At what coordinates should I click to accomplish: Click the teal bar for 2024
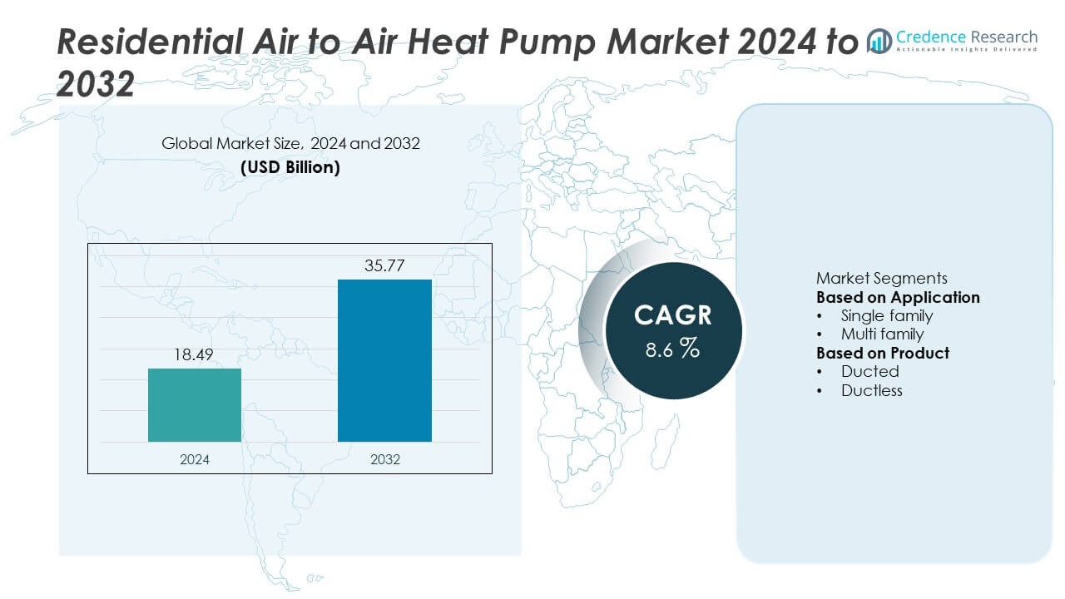click(x=195, y=405)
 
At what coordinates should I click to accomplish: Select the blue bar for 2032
click(x=384, y=360)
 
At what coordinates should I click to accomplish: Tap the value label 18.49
click(x=195, y=355)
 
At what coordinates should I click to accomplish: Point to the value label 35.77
click(x=384, y=266)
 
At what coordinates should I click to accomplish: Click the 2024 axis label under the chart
click(x=195, y=459)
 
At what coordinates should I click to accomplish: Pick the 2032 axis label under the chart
click(x=384, y=459)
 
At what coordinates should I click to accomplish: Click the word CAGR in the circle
click(x=673, y=315)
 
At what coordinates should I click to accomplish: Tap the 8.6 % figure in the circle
click(x=673, y=349)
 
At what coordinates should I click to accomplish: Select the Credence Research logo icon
click(x=879, y=41)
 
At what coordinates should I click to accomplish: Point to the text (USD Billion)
click(x=290, y=166)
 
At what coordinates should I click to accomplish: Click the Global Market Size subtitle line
click(x=290, y=143)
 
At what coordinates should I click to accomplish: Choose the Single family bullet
click(x=886, y=315)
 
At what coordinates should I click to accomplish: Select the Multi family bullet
click(x=882, y=334)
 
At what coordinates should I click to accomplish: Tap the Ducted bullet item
click(x=869, y=372)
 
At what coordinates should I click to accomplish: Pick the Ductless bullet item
click(x=871, y=390)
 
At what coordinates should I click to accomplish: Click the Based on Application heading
click(x=898, y=297)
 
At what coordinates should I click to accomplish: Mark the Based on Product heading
click(x=883, y=353)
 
